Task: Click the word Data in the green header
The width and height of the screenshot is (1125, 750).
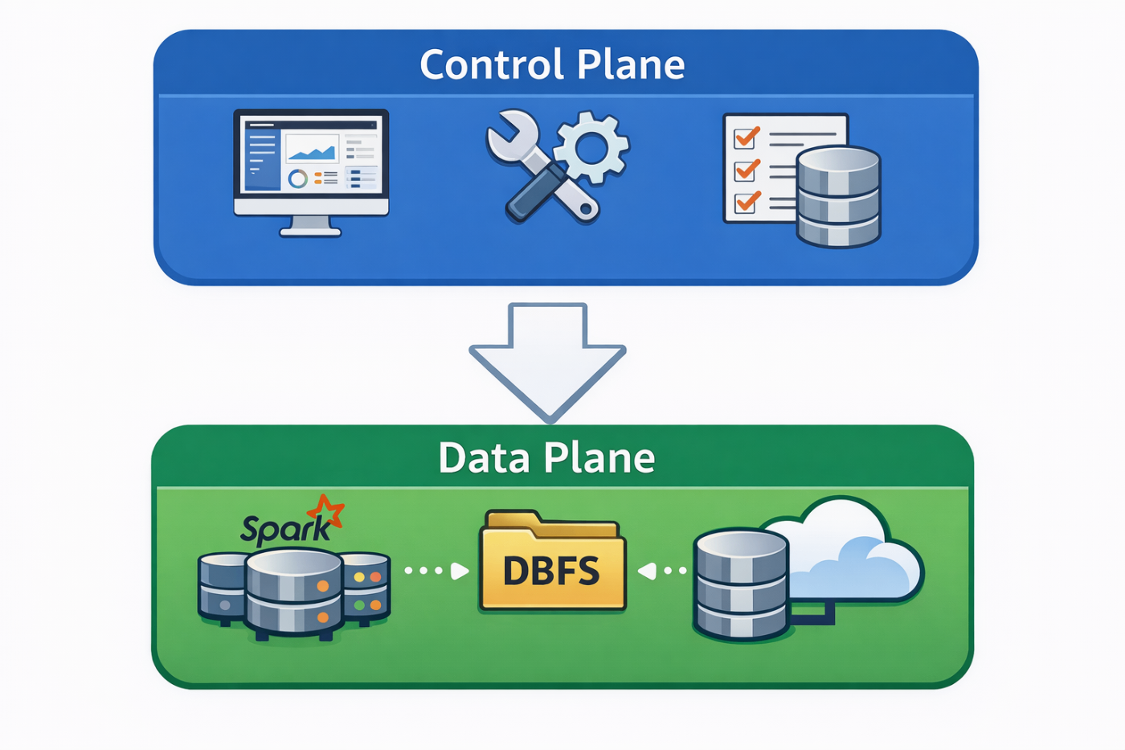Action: coord(484,458)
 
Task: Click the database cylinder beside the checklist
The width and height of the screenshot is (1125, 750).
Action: coord(838,196)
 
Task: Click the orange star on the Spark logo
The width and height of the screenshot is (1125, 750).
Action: coord(325,512)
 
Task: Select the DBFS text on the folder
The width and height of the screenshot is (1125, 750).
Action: coord(551,572)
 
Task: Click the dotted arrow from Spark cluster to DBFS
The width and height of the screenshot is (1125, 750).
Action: coord(436,571)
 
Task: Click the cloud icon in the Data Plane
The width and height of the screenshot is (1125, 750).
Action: coord(852,555)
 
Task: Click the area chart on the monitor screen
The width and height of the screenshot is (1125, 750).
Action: coord(312,150)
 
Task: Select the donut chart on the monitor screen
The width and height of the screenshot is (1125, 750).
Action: coord(298,178)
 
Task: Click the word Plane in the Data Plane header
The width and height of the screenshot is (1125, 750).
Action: coord(599,458)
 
